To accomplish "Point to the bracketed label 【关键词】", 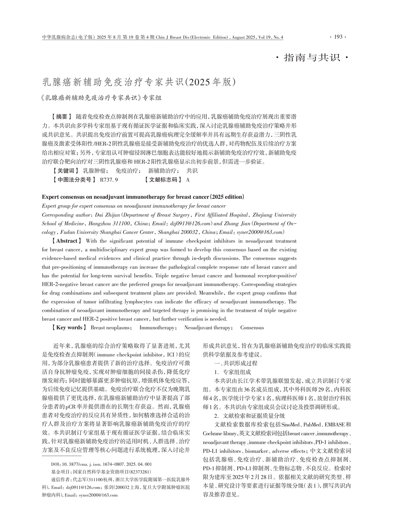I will [64, 170].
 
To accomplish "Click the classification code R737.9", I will [109, 180].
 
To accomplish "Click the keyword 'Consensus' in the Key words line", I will [252, 328].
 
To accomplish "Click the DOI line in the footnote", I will [102, 464].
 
